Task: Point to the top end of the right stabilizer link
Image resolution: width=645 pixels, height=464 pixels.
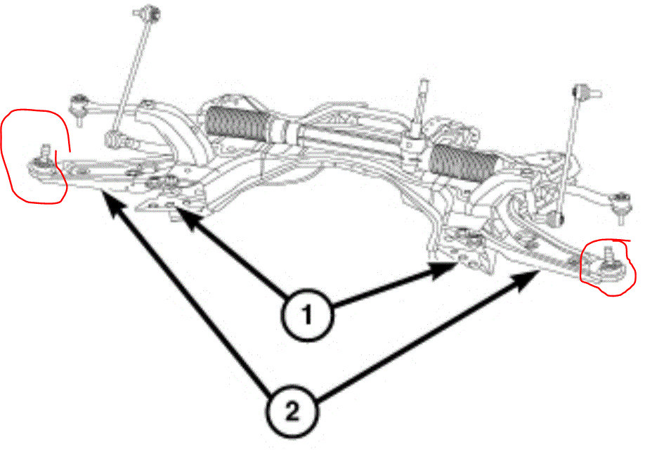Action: tap(580, 91)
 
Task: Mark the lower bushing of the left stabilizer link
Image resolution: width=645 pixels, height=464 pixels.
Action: tap(112, 138)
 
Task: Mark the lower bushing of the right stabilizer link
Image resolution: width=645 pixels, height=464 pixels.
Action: tap(560, 219)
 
